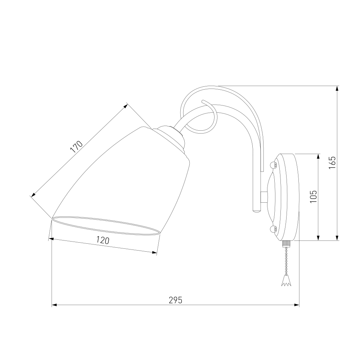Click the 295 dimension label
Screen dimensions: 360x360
[x=175, y=300]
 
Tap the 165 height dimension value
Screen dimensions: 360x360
[x=332, y=163]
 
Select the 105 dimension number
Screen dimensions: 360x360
[x=314, y=197]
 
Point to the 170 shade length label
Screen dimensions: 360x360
[x=76, y=147]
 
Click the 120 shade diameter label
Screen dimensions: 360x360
[x=102, y=240]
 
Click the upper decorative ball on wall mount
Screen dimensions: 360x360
[x=273, y=165]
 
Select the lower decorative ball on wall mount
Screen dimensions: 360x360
[x=273, y=229]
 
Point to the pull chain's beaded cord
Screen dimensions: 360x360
[x=286, y=261]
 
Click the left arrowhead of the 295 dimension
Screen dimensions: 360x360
[x=54, y=305]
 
